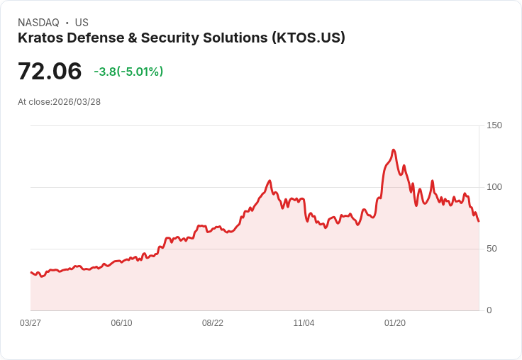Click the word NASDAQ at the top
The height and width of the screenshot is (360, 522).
(38, 23)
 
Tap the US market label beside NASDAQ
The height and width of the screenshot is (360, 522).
(82, 23)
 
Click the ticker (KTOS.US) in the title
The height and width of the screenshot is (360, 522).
(308, 38)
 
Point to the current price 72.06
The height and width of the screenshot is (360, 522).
(50, 72)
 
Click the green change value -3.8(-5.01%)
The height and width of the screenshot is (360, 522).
(128, 72)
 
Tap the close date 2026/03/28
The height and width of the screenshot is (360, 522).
(77, 102)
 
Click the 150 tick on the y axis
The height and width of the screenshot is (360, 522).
(494, 125)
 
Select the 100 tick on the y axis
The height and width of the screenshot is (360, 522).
(494, 187)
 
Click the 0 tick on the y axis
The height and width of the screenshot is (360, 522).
(489, 310)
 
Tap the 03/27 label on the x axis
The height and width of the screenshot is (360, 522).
(30, 323)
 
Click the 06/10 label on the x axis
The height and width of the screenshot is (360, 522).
(121, 323)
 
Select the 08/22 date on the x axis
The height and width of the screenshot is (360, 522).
(213, 323)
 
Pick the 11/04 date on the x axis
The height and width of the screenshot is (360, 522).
(304, 323)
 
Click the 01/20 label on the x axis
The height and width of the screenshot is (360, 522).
(395, 323)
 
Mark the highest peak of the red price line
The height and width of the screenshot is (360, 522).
(393, 150)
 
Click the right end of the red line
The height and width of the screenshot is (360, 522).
(479, 221)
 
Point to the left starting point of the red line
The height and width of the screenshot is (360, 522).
(30, 272)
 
